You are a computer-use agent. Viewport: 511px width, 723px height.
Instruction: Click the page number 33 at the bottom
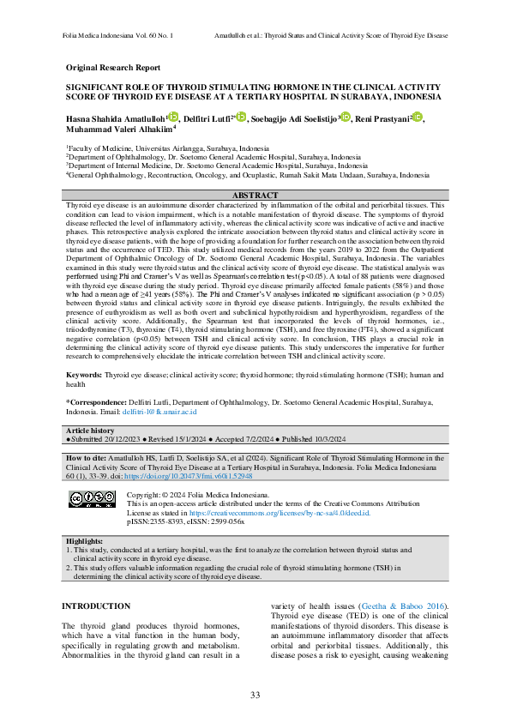pyautogui.click(x=255, y=695)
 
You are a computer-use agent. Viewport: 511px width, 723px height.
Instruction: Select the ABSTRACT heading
pyautogui.click(x=255, y=196)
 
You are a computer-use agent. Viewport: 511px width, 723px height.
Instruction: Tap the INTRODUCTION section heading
pyautogui.click(x=96, y=607)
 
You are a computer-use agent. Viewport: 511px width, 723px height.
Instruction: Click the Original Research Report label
pyautogui.click(x=112, y=68)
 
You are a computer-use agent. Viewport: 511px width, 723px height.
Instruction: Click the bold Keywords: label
pyautogui.click(x=84, y=375)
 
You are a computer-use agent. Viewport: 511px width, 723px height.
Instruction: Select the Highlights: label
pyautogui.click(x=85, y=542)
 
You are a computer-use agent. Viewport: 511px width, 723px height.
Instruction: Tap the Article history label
pyautogui.click(x=90, y=430)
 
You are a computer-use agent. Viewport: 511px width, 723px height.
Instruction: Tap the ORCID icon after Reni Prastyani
pyautogui.click(x=418, y=117)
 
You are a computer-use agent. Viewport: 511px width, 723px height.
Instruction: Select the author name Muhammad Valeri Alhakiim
pyautogui.click(x=118, y=130)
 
